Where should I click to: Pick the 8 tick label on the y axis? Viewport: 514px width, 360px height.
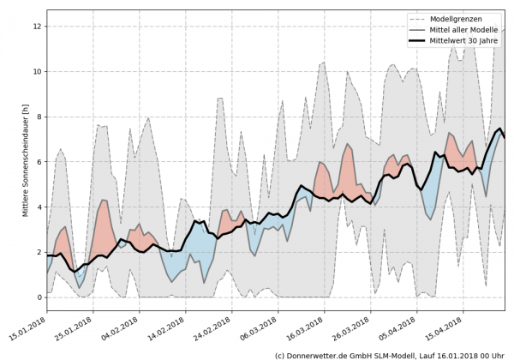[39, 117]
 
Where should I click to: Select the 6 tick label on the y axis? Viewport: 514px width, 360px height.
[39, 162]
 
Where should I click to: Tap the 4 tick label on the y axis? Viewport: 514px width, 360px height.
[39, 207]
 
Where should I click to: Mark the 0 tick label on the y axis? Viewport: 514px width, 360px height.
[39, 297]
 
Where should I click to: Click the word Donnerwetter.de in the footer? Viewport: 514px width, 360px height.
[322, 354]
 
